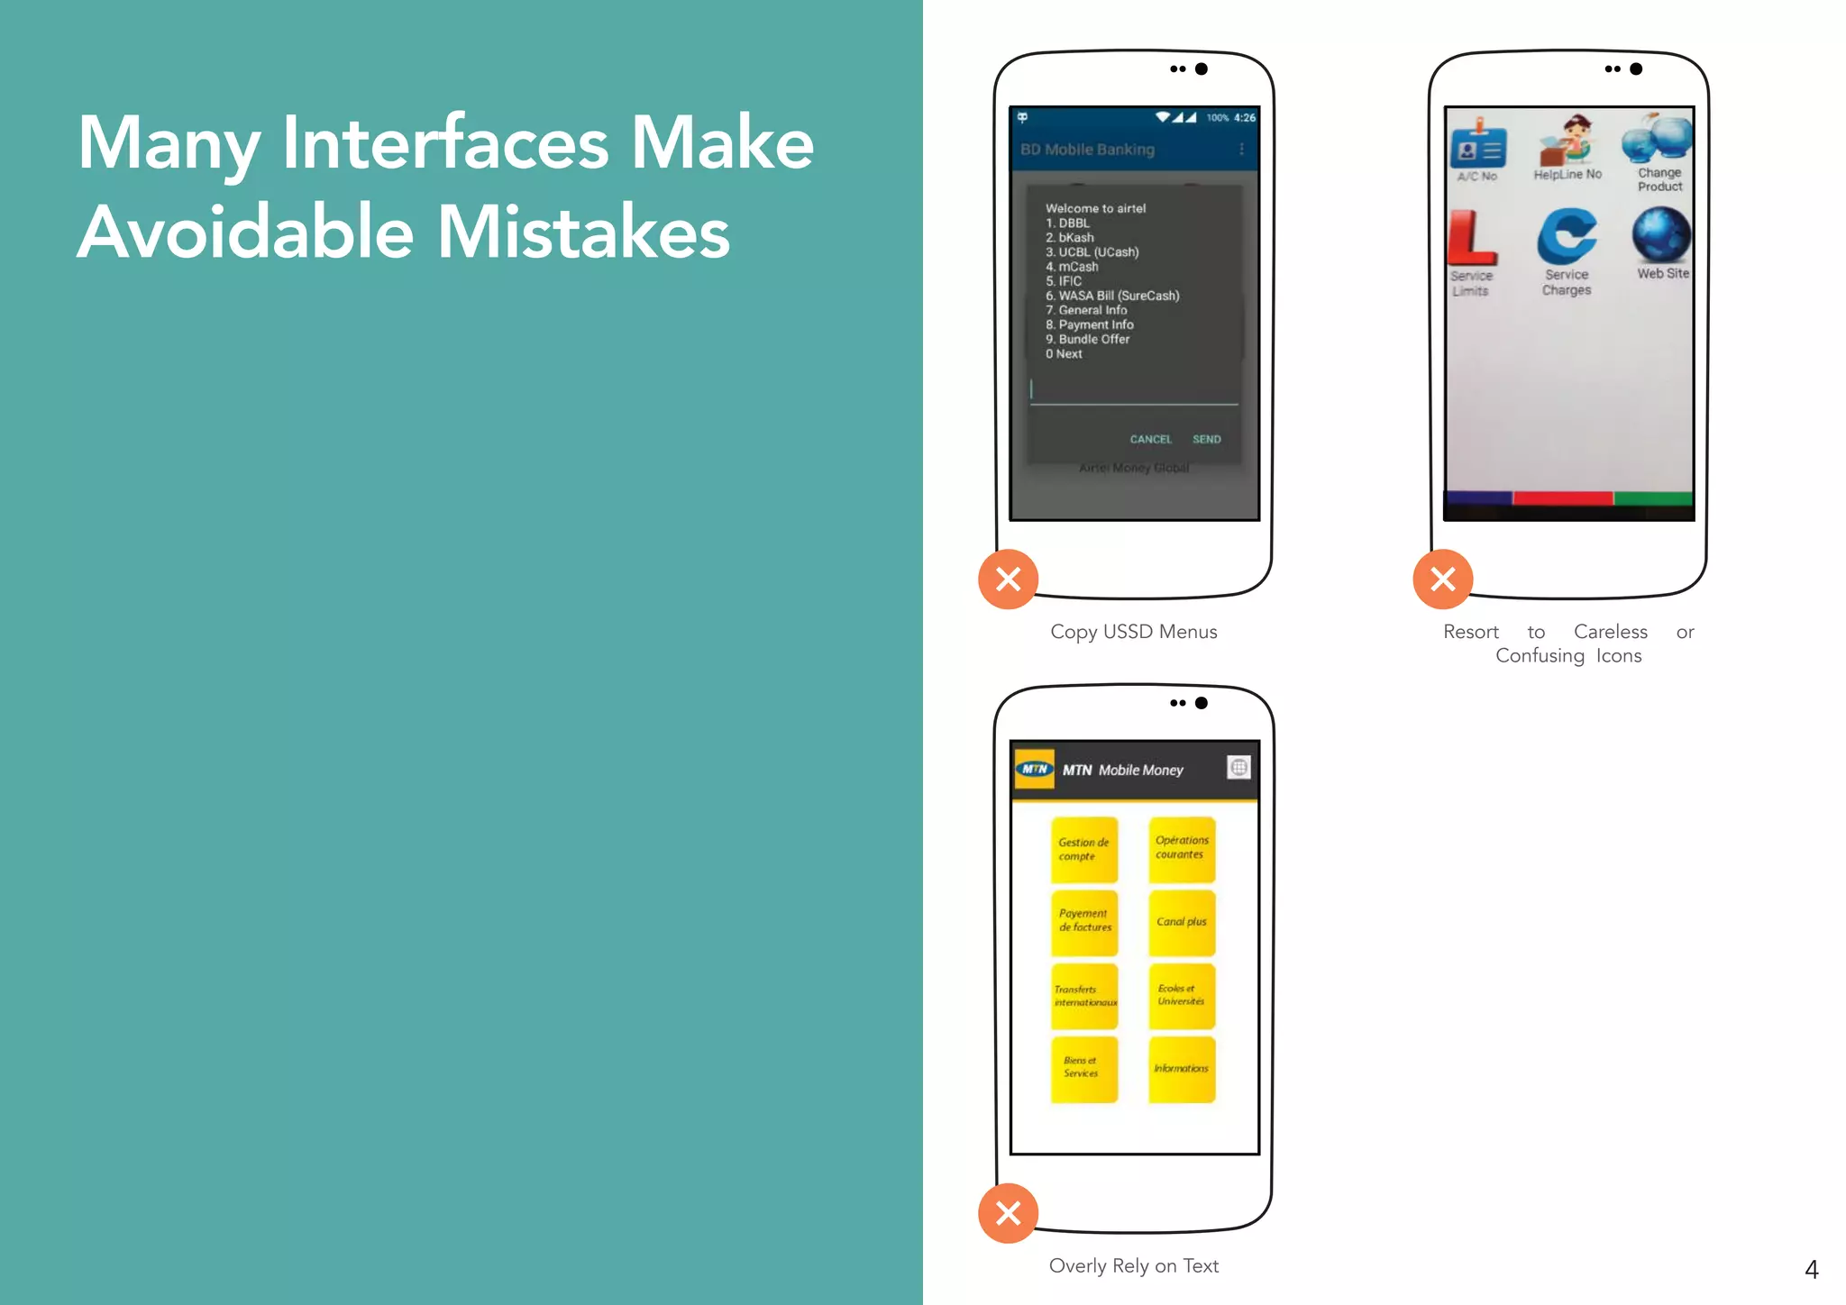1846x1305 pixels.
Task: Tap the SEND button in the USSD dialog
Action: tap(1206, 439)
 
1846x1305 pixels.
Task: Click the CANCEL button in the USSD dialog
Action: tap(1150, 439)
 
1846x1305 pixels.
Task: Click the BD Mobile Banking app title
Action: tap(1087, 150)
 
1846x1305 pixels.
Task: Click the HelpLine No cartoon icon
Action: tap(1567, 141)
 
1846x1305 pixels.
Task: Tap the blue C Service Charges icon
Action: tap(1567, 236)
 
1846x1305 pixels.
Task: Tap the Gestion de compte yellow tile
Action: tap(1084, 850)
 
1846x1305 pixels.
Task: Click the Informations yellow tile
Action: tap(1182, 1069)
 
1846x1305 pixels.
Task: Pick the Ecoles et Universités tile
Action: tap(1182, 996)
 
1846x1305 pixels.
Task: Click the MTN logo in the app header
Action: tap(1035, 769)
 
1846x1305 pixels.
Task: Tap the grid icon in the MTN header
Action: tap(1239, 768)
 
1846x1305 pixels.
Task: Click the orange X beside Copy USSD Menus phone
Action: tap(1009, 579)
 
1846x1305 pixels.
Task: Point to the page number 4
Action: tap(1812, 1270)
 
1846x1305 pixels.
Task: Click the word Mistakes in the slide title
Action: tap(584, 233)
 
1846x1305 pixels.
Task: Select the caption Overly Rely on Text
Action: tap(1133, 1265)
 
